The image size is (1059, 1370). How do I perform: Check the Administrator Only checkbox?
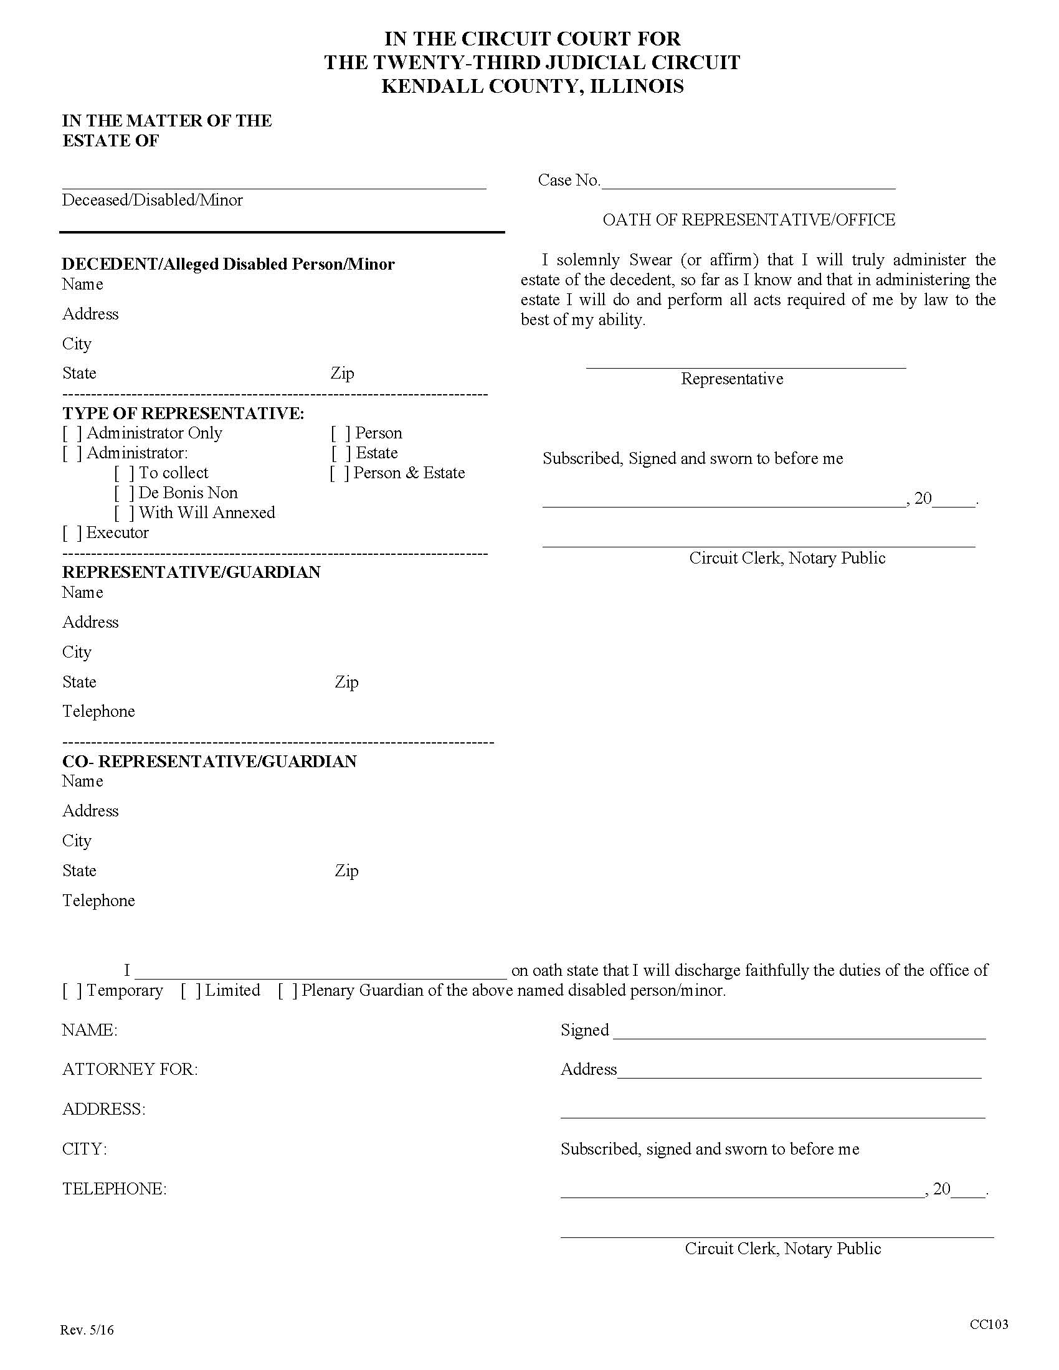tap(72, 433)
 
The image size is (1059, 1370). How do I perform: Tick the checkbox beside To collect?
tap(124, 474)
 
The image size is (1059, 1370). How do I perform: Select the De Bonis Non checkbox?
tap(124, 494)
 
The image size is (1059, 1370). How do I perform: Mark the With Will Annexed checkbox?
tap(124, 513)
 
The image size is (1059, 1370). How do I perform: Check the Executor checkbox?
tap(72, 533)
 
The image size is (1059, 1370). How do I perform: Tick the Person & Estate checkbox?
tap(340, 474)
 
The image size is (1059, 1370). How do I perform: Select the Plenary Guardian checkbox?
tap(288, 991)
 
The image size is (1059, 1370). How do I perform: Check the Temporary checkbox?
tap(72, 991)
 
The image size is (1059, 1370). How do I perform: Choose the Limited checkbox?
tap(191, 991)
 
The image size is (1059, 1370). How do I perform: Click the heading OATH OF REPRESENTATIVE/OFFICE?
tap(748, 220)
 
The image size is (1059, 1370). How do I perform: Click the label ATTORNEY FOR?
tap(130, 1070)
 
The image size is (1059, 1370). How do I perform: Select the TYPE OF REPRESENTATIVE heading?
tap(183, 414)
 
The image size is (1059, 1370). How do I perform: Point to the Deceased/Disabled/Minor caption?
tap(152, 201)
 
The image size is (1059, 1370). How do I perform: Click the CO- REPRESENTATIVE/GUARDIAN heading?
tap(209, 762)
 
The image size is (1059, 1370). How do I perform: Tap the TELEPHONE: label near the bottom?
tap(114, 1189)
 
